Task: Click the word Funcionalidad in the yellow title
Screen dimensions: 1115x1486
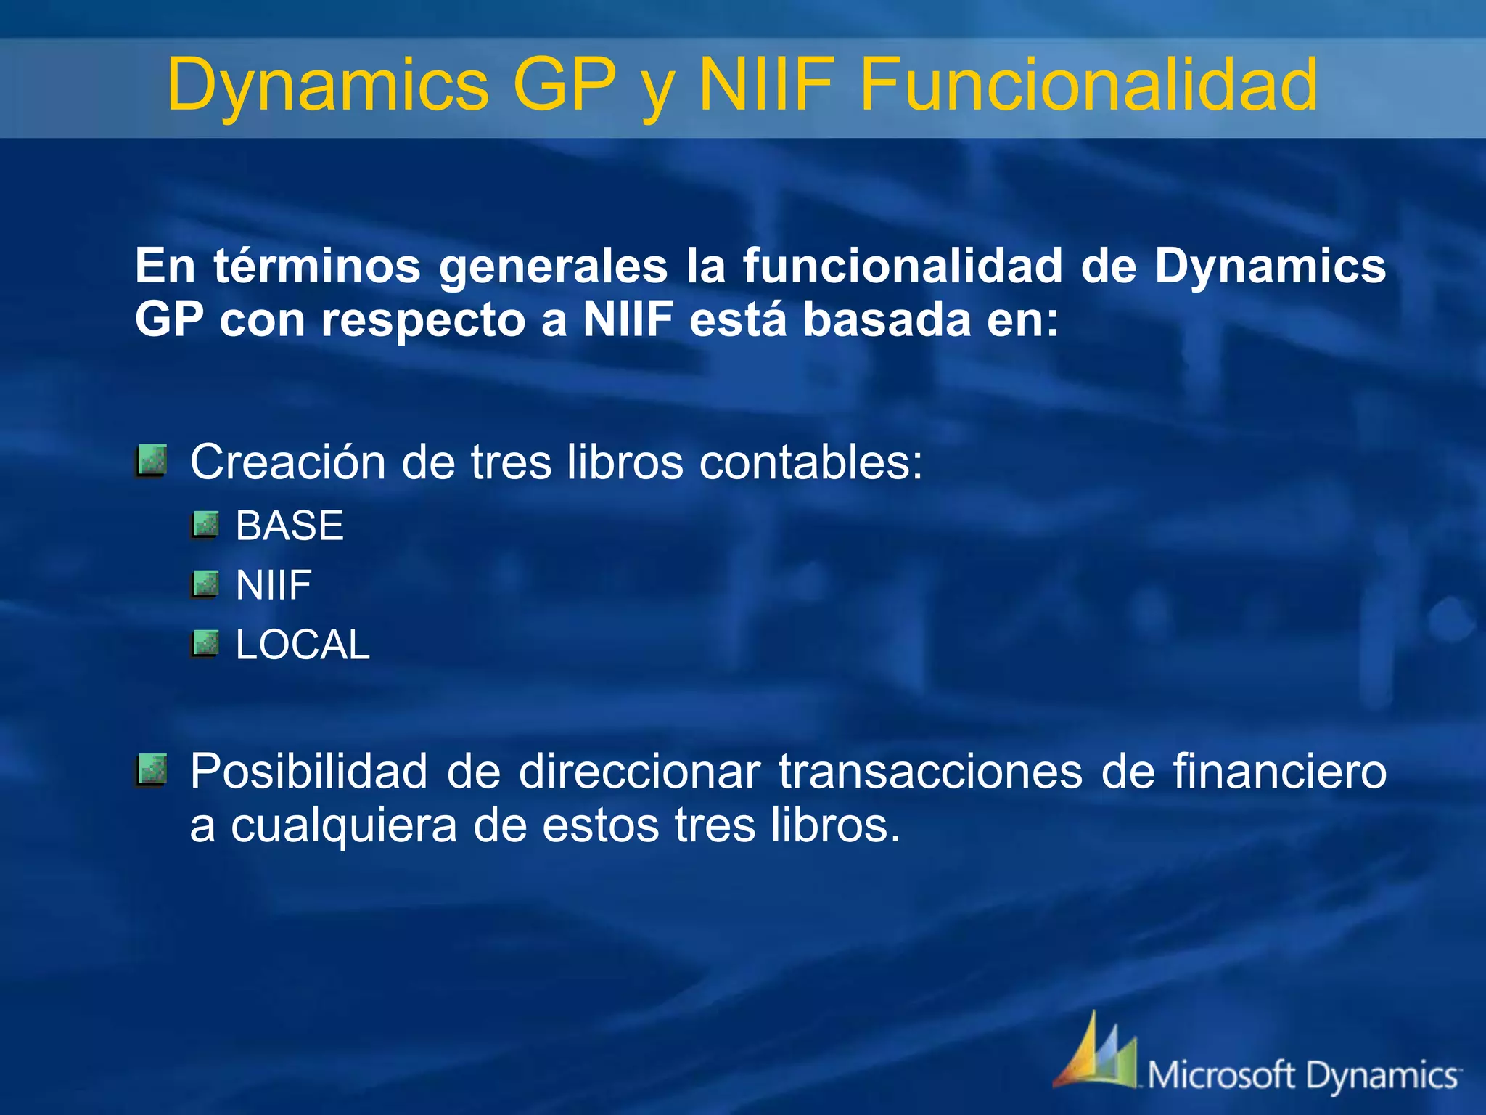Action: [x=1088, y=86]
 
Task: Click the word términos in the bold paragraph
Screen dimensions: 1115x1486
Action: [x=317, y=266]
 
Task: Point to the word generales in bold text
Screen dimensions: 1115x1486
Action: [x=553, y=267]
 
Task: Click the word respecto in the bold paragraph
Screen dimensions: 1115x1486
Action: [x=423, y=321]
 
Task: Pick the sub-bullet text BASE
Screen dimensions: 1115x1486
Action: [x=290, y=526]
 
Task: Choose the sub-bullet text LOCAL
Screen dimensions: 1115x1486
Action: [x=303, y=645]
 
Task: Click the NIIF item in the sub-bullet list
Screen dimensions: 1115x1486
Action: [x=274, y=585]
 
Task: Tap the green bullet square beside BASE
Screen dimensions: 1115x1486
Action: [x=205, y=525]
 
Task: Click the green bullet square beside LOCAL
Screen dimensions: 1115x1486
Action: [x=205, y=644]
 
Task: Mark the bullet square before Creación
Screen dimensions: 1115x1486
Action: [x=152, y=461]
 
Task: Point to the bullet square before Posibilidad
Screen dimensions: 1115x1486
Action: [x=152, y=770]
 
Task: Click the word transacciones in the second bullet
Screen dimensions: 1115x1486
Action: [x=931, y=771]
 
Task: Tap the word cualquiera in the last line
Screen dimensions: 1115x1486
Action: [x=344, y=826]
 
